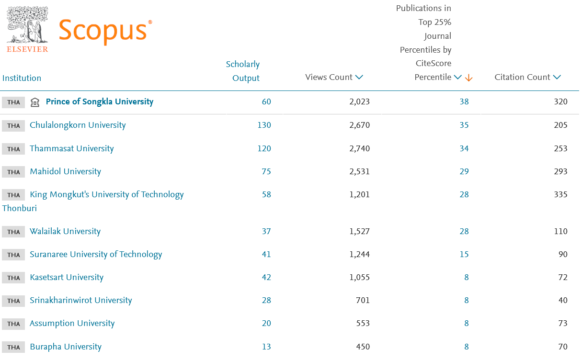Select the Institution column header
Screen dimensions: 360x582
22,78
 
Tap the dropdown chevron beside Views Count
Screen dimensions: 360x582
359,77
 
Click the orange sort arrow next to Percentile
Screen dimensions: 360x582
469,78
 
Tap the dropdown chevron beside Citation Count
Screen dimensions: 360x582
557,77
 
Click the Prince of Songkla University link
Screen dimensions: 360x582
100,101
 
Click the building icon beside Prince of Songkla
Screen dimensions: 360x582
35,102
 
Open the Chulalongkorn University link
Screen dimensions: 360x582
78,125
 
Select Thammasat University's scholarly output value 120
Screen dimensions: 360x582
264,148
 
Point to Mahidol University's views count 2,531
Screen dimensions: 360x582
359,171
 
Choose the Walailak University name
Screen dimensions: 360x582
65,231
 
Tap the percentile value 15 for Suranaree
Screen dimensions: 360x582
464,254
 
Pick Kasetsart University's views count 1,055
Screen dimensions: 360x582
359,277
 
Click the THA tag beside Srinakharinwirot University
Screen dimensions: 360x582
13,301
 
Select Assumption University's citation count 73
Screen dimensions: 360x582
562,323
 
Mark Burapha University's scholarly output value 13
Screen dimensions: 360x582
266,347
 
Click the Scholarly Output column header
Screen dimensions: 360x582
243,71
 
